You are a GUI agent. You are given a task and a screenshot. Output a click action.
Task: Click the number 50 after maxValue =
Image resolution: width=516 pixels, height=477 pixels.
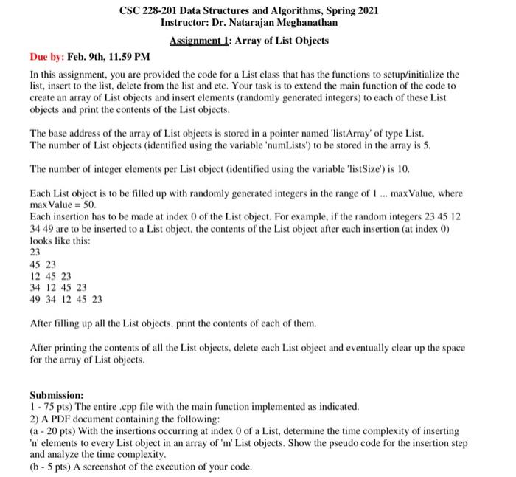92,204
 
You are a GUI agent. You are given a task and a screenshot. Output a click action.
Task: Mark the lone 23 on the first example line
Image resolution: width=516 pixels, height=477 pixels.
35,252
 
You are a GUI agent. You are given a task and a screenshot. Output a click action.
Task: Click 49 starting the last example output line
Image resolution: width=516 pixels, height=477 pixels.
35,300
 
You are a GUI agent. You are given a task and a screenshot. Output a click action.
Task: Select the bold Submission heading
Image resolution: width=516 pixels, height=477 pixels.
57,395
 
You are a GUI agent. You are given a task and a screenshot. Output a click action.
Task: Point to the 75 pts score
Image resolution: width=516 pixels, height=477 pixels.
51,407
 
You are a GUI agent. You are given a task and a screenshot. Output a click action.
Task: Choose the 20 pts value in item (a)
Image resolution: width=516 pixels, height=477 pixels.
57,430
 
